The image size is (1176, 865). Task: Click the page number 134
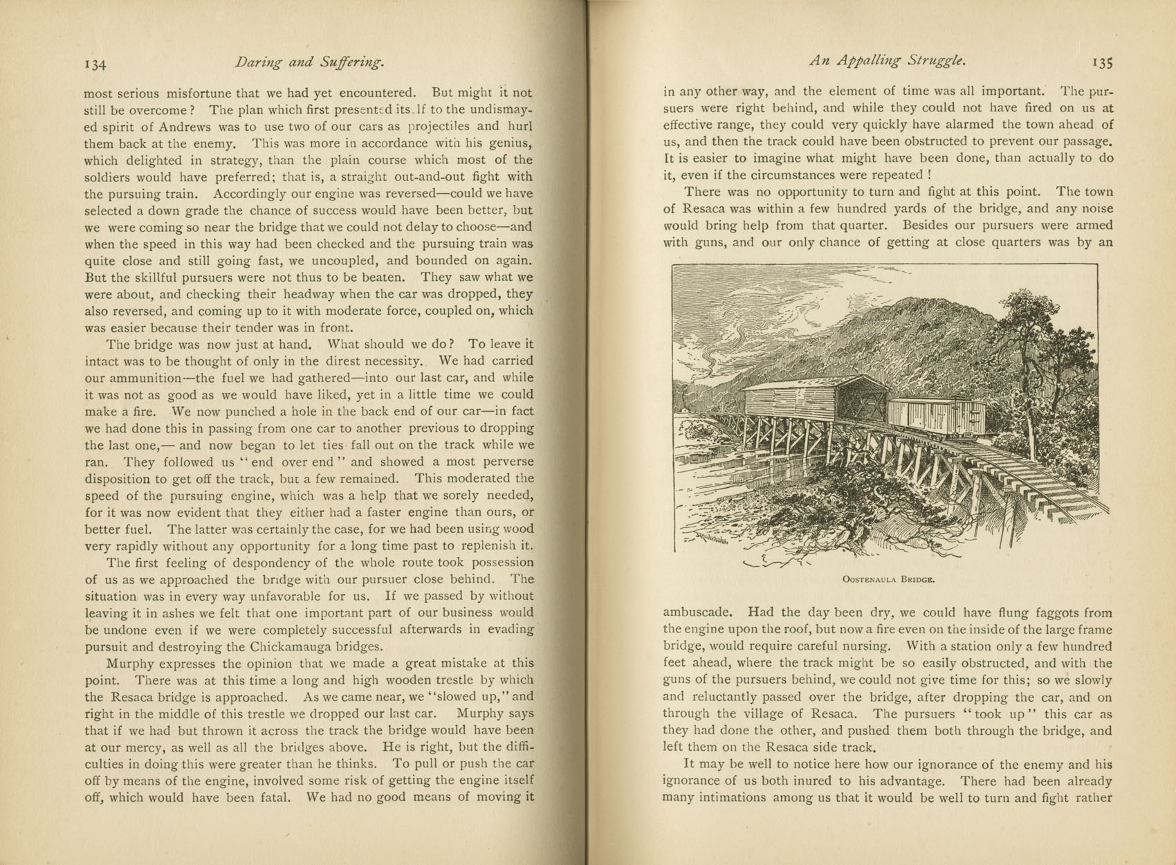tap(95, 64)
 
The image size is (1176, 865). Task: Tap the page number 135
tap(1103, 63)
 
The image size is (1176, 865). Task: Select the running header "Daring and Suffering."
tap(309, 62)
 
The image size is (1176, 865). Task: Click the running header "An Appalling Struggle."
tap(888, 61)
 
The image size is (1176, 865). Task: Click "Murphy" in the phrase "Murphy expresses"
tap(129, 664)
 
